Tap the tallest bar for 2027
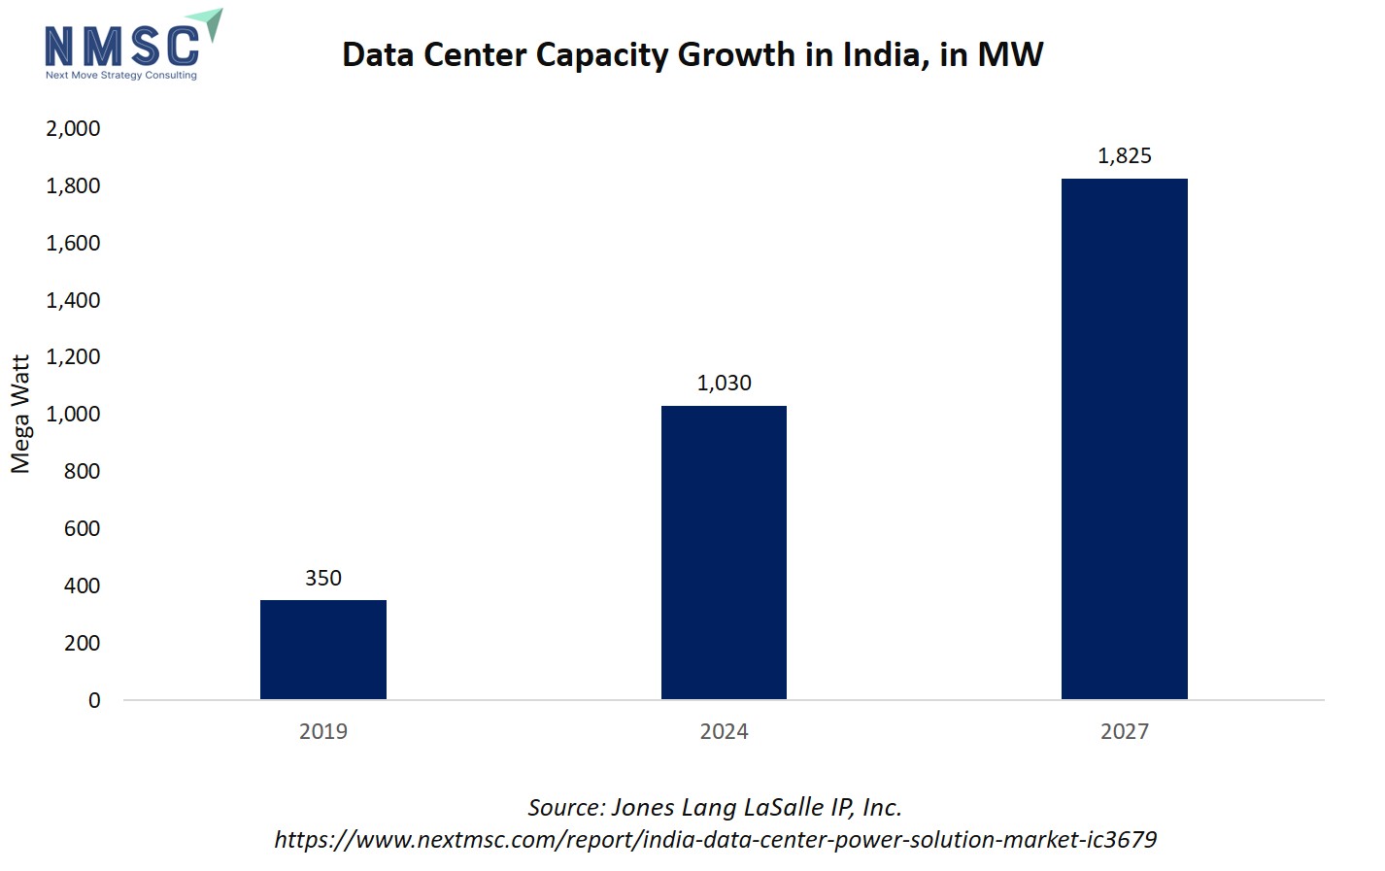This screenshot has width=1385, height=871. (1124, 438)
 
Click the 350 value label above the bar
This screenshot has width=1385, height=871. (323, 578)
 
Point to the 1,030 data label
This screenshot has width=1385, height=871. (724, 383)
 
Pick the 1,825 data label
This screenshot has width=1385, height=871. (1124, 155)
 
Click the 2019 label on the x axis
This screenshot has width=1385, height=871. (323, 731)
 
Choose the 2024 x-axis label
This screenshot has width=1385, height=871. (724, 731)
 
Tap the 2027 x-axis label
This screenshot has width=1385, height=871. (1124, 731)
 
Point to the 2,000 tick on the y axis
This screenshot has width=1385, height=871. (73, 128)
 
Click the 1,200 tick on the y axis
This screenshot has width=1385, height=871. (73, 356)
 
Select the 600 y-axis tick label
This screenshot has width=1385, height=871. (82, 528)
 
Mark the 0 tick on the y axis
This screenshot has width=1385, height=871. (94, 700)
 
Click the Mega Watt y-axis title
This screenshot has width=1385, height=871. (20, 414)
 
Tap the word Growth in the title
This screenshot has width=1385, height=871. (735, 54)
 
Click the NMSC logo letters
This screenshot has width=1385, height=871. (121, 46)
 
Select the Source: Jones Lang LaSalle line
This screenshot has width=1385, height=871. (714, 807)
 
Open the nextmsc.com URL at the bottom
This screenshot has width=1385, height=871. (715, 839)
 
